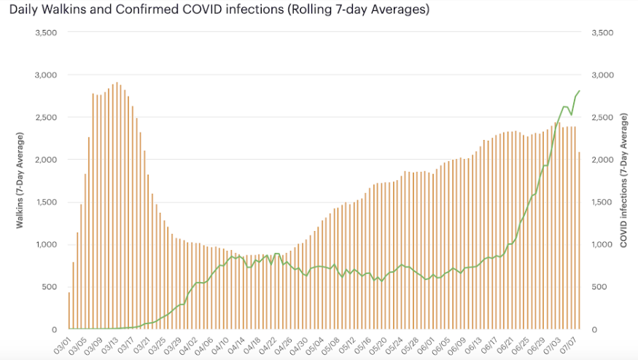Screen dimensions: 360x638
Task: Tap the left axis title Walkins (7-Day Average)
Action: [20, 181]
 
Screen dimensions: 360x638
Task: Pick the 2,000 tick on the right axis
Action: [602, 160]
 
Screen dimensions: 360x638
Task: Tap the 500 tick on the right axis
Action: [599, 287]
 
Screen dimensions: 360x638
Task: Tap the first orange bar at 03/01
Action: [69, 310]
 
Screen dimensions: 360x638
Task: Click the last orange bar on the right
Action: [580, 240]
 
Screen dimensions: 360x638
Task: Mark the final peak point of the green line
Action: [580, 91]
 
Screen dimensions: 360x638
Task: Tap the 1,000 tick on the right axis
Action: [602, 244]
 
